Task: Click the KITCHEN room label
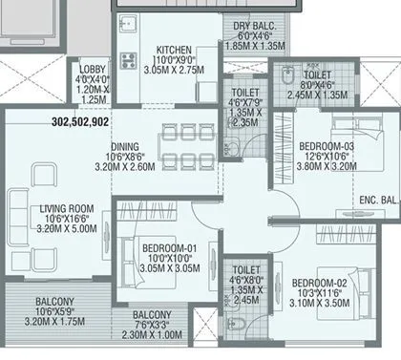(174, 50)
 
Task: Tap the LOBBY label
(93, 70)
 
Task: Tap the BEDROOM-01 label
(169, 249)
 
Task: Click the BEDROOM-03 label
(326, 146)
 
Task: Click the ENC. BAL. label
(373, 201)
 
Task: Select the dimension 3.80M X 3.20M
(326, 167)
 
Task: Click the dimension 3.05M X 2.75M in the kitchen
(174, 71)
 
